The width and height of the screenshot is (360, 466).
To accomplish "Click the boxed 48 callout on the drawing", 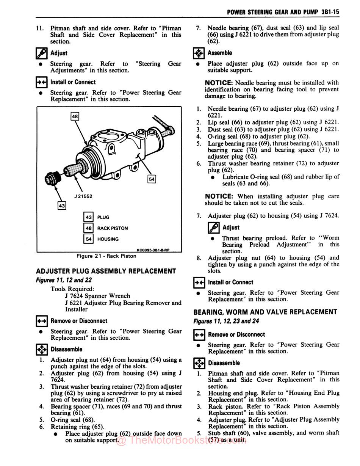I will [x=75, y=116].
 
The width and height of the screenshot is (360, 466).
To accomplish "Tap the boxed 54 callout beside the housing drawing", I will [x=152, y=179].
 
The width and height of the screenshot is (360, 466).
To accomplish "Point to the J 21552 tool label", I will [x=83, y=196].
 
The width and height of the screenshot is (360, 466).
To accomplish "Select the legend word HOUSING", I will [x=108, y=239].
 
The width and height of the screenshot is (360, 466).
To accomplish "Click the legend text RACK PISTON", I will [x=113, y=228].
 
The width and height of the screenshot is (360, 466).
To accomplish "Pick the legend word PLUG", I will [x=103, y=217].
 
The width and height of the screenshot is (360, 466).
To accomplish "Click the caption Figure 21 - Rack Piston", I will [x=106, y=256].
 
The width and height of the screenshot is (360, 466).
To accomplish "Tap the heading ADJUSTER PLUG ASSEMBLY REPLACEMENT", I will [x=106, y=271].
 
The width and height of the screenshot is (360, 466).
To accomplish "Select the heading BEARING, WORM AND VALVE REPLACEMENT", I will [x=265, y=312].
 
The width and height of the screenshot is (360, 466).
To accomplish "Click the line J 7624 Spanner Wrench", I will [x=97, y=296].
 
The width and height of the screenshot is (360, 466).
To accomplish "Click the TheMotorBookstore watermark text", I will [x=182, y=440].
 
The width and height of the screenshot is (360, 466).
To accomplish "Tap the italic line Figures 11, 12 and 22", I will [x=64, y=280].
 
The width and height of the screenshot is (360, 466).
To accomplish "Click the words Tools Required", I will [x=72, y=289].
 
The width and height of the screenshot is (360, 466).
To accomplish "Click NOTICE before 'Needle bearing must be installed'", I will [x=219, y=83].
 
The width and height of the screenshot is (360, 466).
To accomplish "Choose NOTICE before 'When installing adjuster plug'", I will [x=219, y=196].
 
